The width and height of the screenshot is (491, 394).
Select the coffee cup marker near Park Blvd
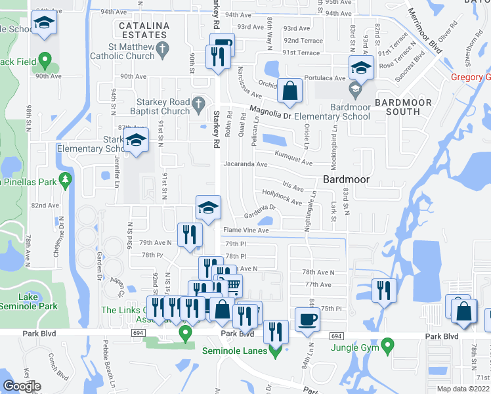point(308,320)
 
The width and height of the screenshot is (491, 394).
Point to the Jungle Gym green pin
point(387,345)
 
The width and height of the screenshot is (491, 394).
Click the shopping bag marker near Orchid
point(289,91)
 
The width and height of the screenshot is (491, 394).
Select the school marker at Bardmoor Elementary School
point(360,68)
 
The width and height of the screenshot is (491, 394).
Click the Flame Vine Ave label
point(246,230)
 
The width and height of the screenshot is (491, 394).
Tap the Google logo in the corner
point(22,385)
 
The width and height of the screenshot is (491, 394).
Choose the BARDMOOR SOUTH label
point(404,107)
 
